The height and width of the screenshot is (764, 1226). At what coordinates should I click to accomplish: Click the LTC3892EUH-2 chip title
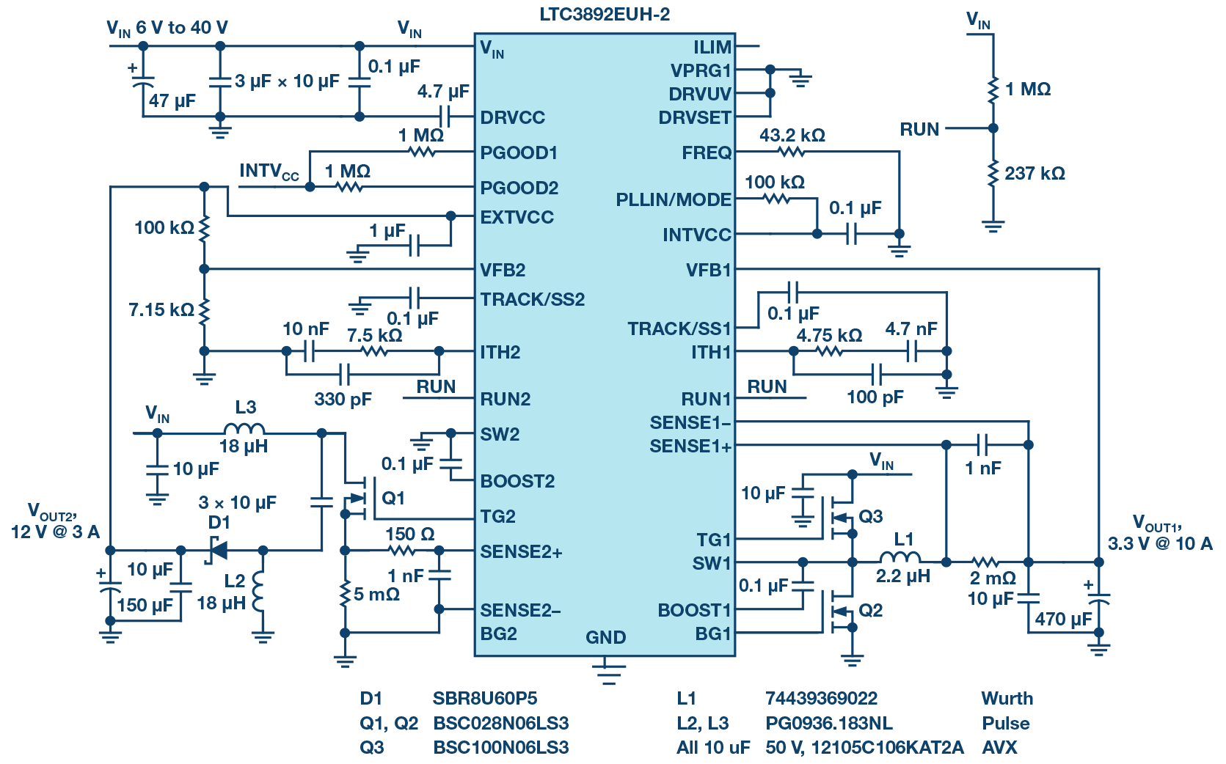point(605,14)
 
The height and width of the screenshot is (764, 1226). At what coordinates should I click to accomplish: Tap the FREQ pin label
point(707,153)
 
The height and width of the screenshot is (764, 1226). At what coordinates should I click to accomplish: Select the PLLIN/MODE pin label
point(674,199)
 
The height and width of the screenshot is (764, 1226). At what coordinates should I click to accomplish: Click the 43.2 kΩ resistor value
point(792,135)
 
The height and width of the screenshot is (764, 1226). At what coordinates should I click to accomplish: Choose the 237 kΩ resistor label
point(1035,174)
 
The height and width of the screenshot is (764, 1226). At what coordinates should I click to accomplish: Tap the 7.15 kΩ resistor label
point(161,309)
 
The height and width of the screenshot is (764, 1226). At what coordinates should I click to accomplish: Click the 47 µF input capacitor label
point(172,100)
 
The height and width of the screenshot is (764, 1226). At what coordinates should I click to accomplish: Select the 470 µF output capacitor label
point(1063,619)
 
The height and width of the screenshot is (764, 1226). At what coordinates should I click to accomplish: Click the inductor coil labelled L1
point(900,557)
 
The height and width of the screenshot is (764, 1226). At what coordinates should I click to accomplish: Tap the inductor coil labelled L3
point(244,428)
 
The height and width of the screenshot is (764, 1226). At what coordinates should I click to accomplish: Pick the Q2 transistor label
point(871,610)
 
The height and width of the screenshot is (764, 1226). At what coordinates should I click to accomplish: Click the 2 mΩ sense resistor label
point(993,578)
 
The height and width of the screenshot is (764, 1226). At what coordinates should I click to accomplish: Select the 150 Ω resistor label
point(410,534)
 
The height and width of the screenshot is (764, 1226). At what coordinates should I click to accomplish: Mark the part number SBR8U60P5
point(485,699)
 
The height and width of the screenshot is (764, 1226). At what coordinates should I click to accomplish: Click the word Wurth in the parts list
point(1007,699)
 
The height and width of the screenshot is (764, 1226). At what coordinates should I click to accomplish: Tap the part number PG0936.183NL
point(828,724)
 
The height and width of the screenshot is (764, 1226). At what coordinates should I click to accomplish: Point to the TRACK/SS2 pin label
point(532,299)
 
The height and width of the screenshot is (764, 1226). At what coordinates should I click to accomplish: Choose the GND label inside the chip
point(605,637)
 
